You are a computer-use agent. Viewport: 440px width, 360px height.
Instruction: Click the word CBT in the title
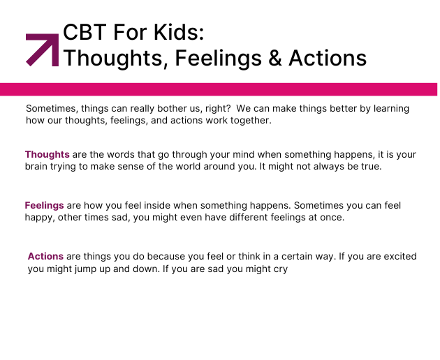click(85, 32)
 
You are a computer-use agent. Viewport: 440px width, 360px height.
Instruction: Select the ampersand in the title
click(274, 58)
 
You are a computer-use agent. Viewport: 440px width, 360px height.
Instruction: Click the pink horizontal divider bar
click(219, 89)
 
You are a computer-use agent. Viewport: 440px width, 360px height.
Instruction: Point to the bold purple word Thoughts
click(47, 154)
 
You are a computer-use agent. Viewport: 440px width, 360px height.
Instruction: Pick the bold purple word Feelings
click(44, 206)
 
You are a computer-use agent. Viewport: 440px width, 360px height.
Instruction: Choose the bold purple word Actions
click(45, 256)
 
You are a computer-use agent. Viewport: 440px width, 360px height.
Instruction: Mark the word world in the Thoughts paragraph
click(188, 166)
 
